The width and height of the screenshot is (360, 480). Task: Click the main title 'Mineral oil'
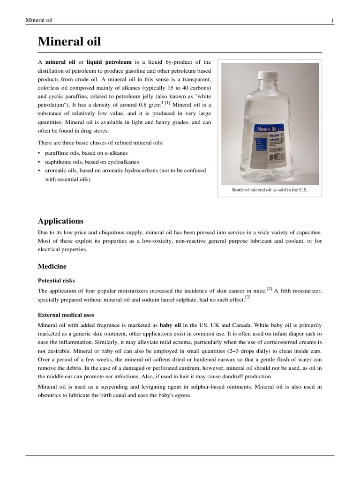(x=69, y=42)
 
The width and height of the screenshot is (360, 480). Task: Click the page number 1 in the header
(x=332, y=20)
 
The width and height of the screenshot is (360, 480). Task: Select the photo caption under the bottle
(x=270, y=190)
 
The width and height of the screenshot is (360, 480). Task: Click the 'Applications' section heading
(x=60, y=221)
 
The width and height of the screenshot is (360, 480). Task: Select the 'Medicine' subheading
(x=52, y=266)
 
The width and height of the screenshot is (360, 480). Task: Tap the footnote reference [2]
(x=269, y=289)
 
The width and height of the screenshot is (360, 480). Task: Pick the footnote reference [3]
(x=248, y=298)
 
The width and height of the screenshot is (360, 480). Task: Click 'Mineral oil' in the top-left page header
(x=39, y=20)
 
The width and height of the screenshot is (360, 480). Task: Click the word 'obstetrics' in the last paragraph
(x=51, y=395)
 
